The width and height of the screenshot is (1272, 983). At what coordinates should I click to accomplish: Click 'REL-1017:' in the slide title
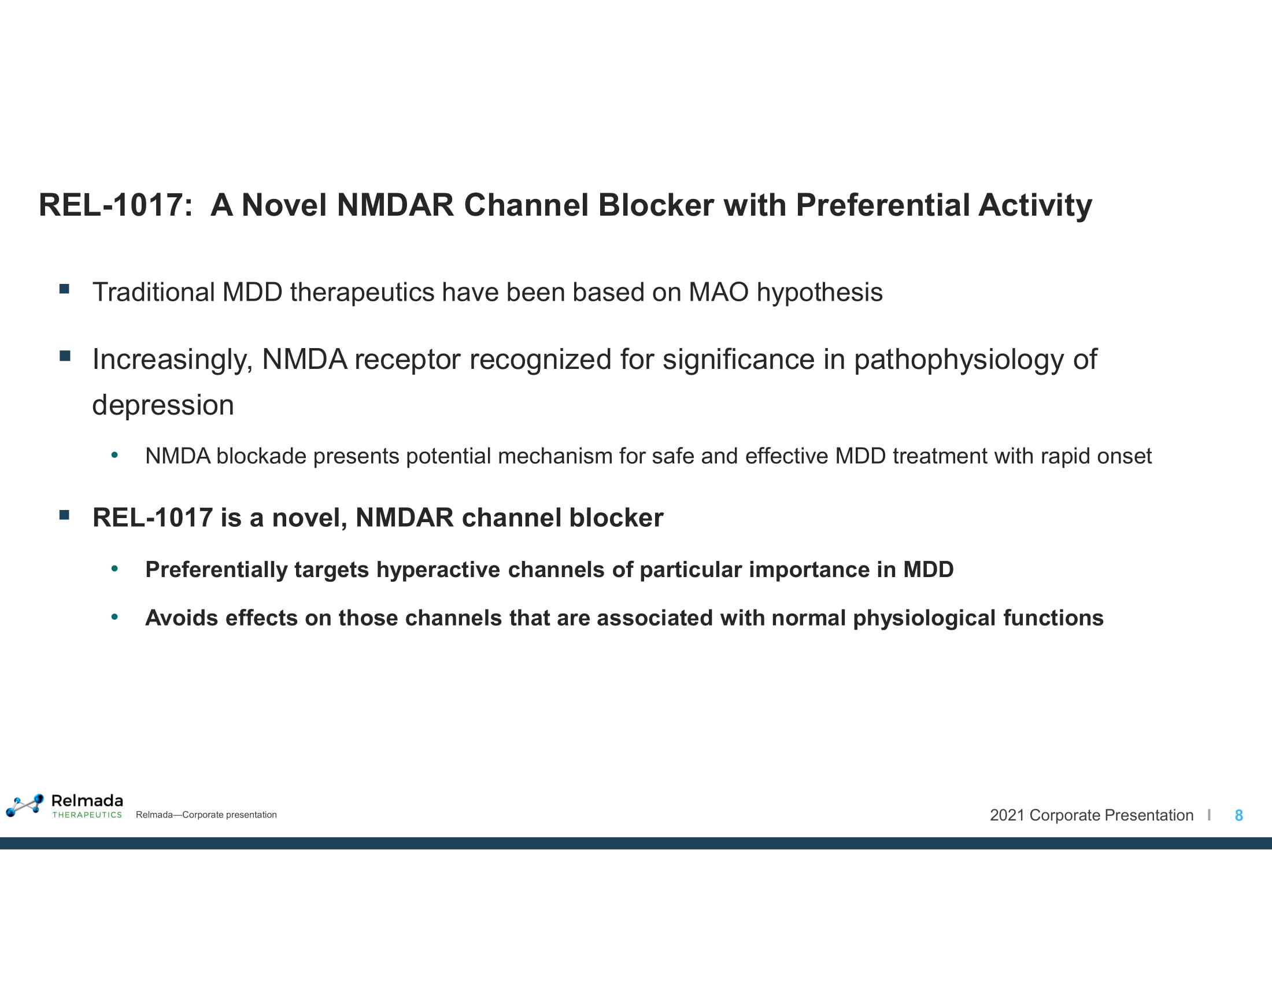click(x=114, y=205)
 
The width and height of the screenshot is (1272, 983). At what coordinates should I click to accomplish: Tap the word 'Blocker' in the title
click(x=656, y=205)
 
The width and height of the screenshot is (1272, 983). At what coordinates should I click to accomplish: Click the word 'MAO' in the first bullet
click(x=718, y=293)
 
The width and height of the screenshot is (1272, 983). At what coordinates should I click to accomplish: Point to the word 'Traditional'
click(x=153, y=293)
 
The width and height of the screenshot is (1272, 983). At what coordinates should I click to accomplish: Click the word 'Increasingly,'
click(x=172, y=360)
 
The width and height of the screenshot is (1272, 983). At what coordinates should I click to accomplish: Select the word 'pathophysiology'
click(x=959, y=360)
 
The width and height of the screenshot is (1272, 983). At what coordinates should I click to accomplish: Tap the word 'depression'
click(x=163, y=405)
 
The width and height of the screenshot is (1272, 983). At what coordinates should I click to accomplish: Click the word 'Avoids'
click(x=182, y=618)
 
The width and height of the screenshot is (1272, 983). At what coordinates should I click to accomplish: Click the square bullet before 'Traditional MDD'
click(x=65, y=289)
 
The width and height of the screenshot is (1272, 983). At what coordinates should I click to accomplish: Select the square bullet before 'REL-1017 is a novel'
click(x=65, y=515)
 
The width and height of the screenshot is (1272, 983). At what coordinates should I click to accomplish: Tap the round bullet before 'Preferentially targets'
click(x=114, y=568)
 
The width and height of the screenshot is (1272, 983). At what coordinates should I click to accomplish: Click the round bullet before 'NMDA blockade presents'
click(x=114, y=455)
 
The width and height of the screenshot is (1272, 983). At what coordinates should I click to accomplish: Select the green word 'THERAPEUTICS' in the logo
click(x=87, y=815)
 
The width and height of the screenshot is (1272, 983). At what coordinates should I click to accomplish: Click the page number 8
click(x=1239, y=815)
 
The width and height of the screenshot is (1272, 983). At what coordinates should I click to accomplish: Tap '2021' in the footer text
click(x=1007, y=815)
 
